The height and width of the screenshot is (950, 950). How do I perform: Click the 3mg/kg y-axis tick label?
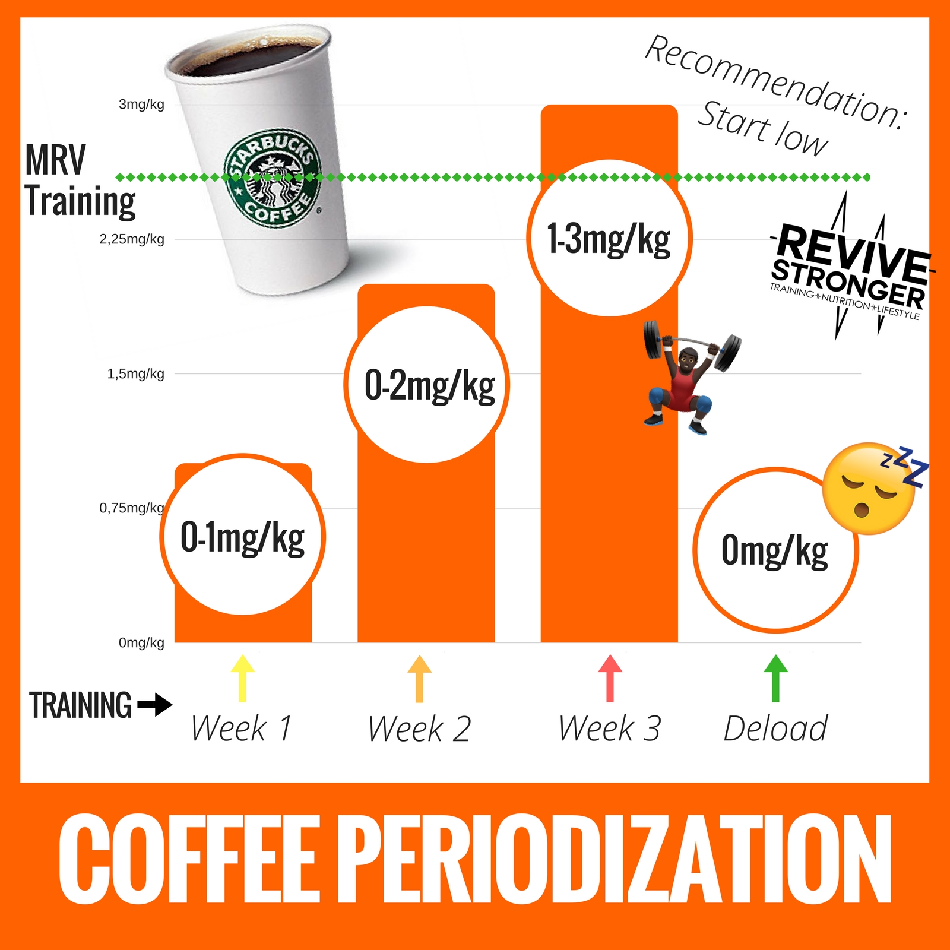141,104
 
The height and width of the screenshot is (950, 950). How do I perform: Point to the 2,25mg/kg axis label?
132,239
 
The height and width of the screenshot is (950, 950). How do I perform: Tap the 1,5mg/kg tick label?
135,374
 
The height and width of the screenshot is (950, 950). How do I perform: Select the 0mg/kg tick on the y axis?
141,642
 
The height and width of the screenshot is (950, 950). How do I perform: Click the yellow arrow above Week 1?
242,678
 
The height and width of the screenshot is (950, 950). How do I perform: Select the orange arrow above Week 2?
420,679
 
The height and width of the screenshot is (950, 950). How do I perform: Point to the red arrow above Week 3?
610,678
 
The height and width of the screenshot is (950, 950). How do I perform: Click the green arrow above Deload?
775,678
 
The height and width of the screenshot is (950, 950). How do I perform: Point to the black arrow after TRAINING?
155,705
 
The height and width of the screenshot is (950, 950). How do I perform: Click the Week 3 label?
610,729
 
